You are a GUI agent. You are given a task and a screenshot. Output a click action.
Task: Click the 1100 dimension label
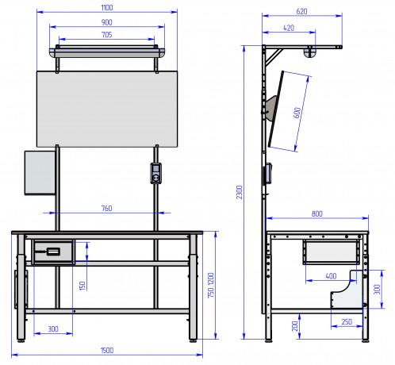[x=107, y=8]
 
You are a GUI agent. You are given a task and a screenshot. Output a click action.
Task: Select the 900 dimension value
[x=107, y=22]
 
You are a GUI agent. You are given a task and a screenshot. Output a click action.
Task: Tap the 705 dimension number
[x=107, y=35]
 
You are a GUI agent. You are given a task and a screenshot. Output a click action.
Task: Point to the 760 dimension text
[x=107, y=209]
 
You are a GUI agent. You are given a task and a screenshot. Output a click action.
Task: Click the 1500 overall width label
[x=107, y=351]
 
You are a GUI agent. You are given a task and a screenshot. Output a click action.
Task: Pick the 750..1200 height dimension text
[x=211, y=286]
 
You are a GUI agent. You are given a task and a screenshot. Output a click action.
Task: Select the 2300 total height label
[x=240, y=192]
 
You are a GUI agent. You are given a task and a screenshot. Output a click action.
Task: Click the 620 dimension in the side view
[x=301, y=12]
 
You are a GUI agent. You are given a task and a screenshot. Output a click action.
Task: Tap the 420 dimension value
[x=289, y=28]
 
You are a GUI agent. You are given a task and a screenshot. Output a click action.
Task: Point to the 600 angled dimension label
[x=297, y=113]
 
